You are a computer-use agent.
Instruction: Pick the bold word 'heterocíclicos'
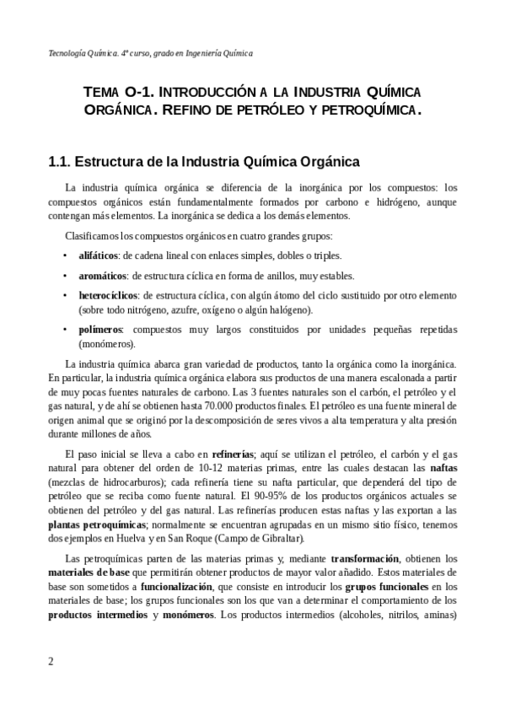[109, 296]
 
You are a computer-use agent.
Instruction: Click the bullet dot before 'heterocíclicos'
[66, 296]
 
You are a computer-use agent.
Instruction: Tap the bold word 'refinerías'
[237, 453]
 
